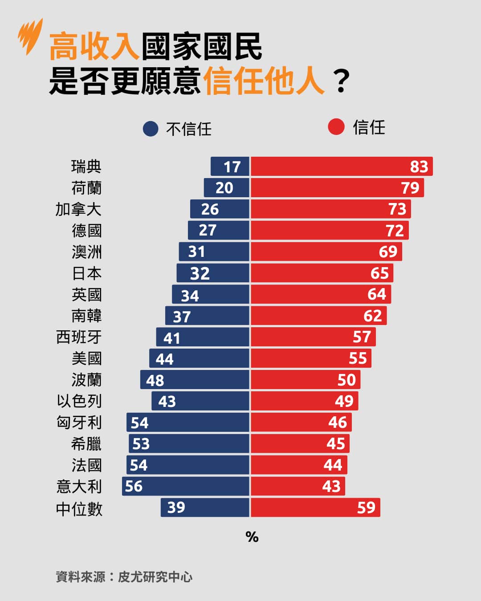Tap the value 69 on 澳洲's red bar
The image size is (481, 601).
(x=388, y=252)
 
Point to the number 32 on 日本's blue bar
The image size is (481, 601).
(x=200, y=273)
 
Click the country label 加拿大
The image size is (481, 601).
(x=78, y=209)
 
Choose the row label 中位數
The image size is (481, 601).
(x=79, y=509)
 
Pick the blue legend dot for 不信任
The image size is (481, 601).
(x=151, y=129)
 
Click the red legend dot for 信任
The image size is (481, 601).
(x=336, y=127)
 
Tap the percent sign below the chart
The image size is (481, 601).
(x=252, y=537)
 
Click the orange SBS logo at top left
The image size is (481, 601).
(x=30, y=36)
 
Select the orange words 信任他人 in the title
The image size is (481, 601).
(x=264, y=81)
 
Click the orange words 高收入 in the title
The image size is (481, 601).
(x=94, y=47)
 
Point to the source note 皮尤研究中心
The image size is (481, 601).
(x=155, y=577)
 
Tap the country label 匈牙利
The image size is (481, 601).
(x=79, y=422)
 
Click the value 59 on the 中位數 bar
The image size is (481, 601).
(x=366, y=508)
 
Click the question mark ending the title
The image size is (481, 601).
(x=341, y=81)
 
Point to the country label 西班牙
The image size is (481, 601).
(x=79, y=337)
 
